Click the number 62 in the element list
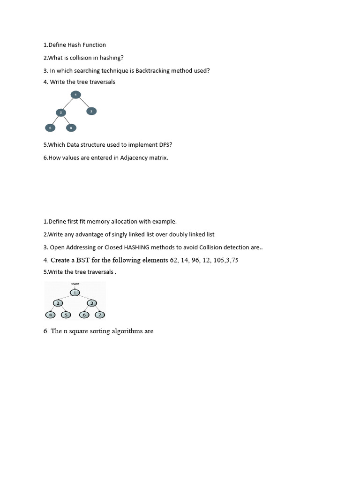(x=174, y=260)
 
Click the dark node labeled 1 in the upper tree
(x=76, y=95)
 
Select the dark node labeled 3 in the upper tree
(x=91, y=111)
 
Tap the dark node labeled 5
(x=50, y=127)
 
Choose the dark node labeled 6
(x=71, y=127)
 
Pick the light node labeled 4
(x=50, y=315)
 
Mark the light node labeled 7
(x=100, y=315)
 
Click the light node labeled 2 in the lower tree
(x=58, y=303)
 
